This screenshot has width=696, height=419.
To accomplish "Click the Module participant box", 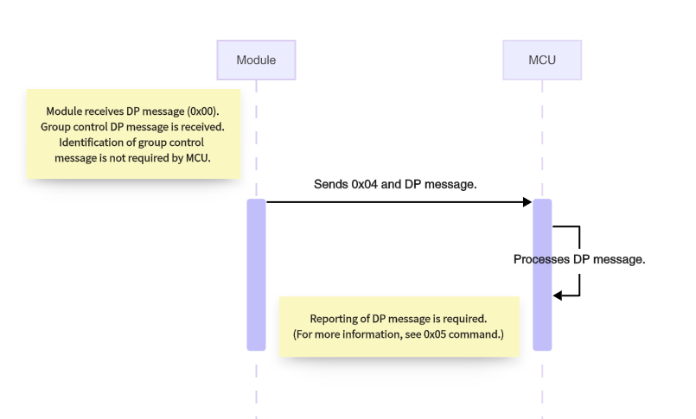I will point(256,60).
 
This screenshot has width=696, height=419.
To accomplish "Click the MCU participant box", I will point(542,60).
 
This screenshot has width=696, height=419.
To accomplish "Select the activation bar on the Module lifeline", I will point(256,275).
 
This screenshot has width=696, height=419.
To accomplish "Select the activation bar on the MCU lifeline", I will point(542,275).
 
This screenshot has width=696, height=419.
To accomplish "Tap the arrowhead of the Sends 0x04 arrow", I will point(527,202).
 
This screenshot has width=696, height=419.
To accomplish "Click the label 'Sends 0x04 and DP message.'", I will point(395,184).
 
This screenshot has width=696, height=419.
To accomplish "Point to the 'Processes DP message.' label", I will point(579,259).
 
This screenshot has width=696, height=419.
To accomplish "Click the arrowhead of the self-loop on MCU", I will point(559,295).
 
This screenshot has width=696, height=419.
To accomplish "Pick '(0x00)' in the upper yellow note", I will point(202,111).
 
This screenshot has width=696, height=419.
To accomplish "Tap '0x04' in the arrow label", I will point(361,184).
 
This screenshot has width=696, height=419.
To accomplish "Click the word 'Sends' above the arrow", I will point(330,184).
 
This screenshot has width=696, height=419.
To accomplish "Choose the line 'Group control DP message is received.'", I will point(132,127).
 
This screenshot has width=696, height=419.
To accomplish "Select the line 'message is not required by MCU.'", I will point(132,158).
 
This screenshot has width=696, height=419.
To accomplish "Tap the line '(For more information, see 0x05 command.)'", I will point(399,334).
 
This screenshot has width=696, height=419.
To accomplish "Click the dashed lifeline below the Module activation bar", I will point(256,384).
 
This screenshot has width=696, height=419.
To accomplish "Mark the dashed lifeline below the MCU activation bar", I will point(542,384).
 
